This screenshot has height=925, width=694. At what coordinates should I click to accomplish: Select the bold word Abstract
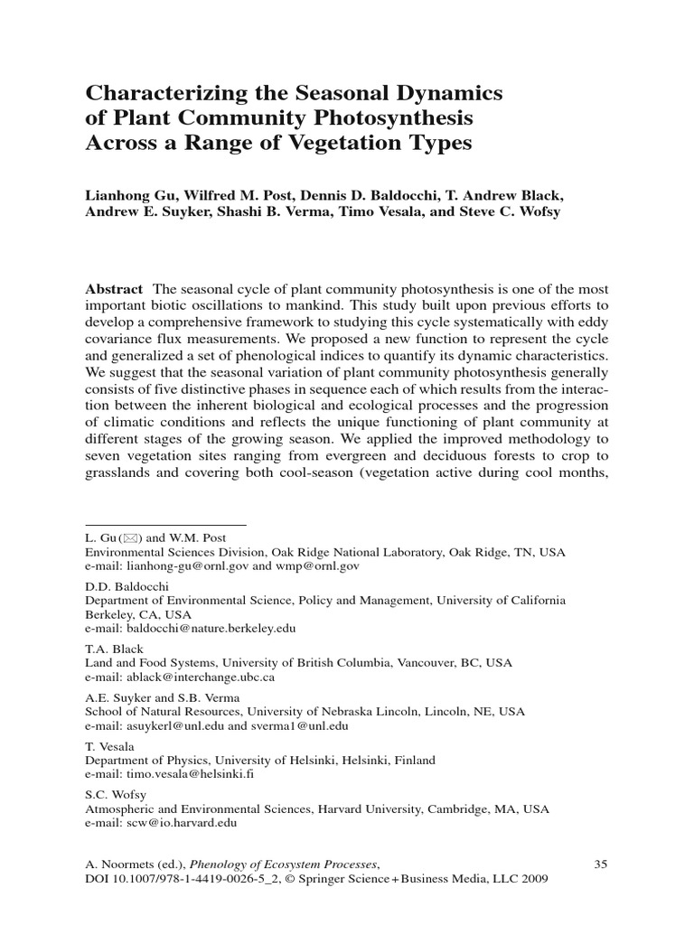(x=114, y=289)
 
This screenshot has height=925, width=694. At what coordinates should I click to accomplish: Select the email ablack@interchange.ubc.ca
(x=196, y=676)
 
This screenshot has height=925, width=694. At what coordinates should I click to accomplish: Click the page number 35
(x=600, y=864)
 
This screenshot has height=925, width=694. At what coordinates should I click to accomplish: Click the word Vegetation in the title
(x=343, y=143)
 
